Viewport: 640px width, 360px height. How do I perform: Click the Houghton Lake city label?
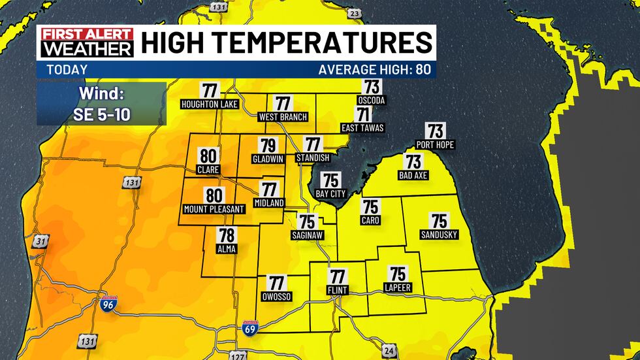(210, 105)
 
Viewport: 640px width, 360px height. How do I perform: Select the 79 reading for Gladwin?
(268, 146)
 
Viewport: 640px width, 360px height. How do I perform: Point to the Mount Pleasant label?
(214, 209)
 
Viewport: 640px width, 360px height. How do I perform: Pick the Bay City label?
(331, 193)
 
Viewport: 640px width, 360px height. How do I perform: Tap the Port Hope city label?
(435, 144)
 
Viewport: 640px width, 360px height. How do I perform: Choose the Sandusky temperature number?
(439, 221)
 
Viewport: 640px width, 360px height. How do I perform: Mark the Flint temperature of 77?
(338, 276)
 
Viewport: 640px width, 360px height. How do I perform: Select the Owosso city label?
(277, 297)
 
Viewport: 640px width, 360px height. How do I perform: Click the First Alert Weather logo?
(87, 42)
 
